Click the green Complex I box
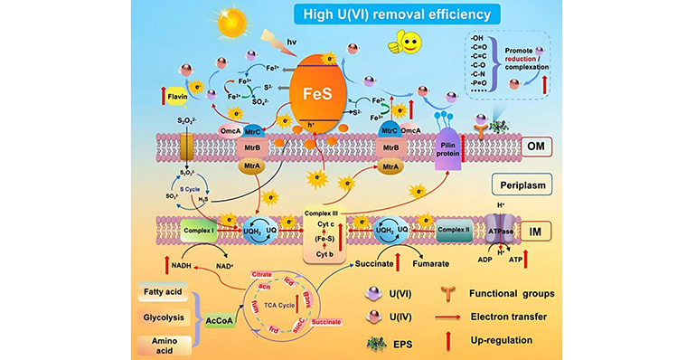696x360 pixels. [201, 230]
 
